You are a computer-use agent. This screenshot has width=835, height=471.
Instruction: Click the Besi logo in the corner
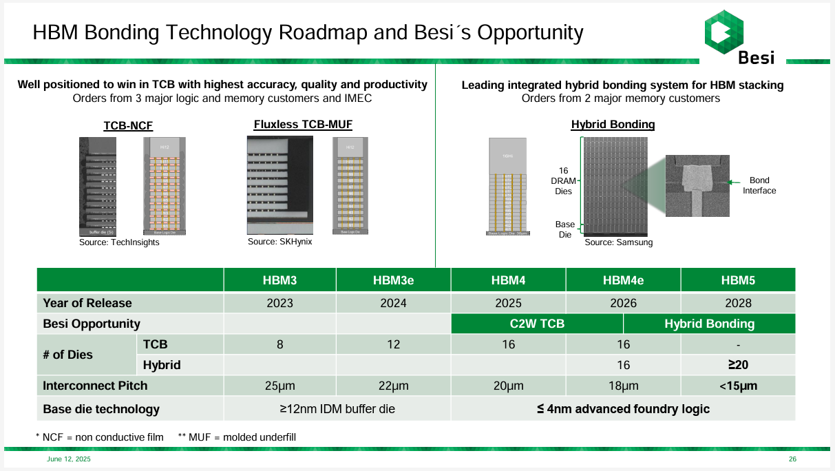pyautogui.click(x=739, y=38)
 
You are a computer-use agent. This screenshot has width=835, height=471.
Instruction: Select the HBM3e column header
pyautogui.click(x=393, y=280)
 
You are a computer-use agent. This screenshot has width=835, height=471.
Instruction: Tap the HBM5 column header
pyautogui.click(x=738, y=280)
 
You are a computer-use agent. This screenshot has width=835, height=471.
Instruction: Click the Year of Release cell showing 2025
pyautogui.click(x=508, y=303)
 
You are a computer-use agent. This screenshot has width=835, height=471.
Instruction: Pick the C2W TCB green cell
pyautogui.click(x=537, y=324)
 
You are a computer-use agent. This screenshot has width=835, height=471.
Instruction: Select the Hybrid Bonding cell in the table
pyautogui.click(x=709, y=324)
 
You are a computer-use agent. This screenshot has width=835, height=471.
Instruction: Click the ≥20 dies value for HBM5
pyautogui.click(x=738, y=365)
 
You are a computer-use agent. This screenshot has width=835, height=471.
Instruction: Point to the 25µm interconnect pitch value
pyautogui.click(x=279, y=386)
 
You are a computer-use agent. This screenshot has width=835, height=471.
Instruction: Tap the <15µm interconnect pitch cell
pyautogui.click(x=738, y=386)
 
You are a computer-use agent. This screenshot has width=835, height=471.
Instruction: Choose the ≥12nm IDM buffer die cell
pyautogui.click(x=337, y=408)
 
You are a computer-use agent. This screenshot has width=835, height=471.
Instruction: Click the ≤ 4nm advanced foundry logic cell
pyautogui.click(x=623, y=408)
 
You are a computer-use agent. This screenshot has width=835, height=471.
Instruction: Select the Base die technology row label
pyautogui.click(x=101, y=409)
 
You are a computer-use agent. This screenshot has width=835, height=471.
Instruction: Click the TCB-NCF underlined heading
pyautogui.click(x=128, y=126)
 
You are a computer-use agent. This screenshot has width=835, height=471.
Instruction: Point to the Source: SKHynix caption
pyautogui.click(x=279, y=242)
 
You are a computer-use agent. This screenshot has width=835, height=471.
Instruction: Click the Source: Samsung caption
pyautogui.click(x=618, y=242)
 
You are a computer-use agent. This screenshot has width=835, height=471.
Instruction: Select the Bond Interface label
pyautogui.click(x=759, y=186)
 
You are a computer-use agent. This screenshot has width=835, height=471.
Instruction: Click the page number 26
pyautogui.click(x=792, y=459)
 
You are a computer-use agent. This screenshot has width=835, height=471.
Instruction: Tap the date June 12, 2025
pyautogui.click(x=68, y=459)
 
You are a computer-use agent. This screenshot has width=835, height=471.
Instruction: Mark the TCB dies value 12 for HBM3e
pyautogui.click(x=393, y=344)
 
